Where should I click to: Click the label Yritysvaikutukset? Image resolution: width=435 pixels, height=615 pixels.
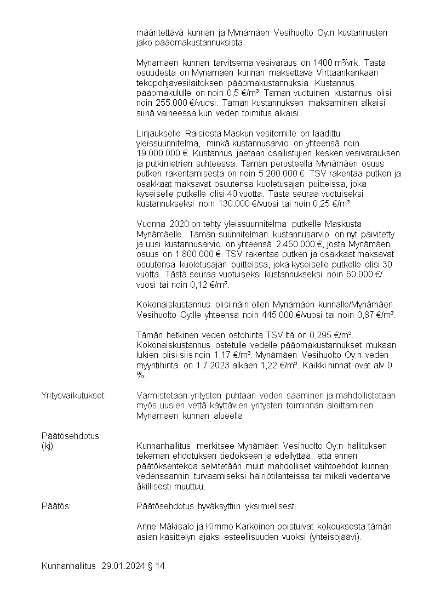(73, 395)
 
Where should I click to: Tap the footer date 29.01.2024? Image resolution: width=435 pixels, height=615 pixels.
(123, 566)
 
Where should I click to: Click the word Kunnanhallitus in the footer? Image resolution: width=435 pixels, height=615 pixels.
(68, 566)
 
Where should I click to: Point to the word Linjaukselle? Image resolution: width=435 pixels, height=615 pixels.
(159, 134)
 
